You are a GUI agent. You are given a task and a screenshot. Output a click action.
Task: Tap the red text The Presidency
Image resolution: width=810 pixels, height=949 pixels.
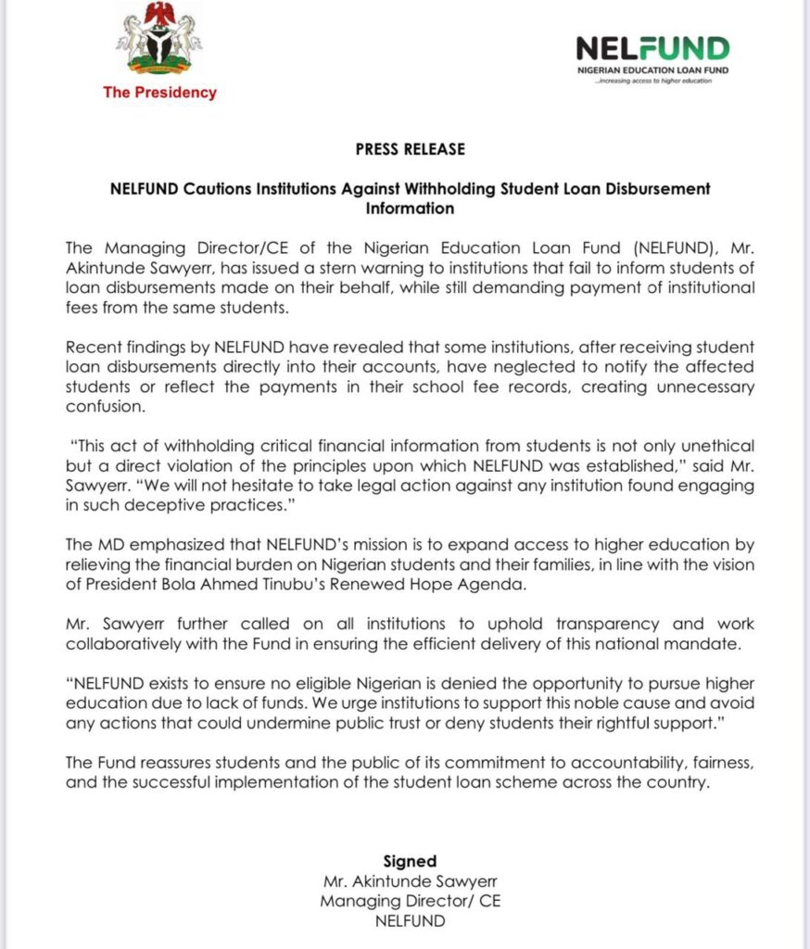click(159, 93)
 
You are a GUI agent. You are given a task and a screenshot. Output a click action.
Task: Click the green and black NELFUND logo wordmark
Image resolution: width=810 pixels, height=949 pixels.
click(652, 48)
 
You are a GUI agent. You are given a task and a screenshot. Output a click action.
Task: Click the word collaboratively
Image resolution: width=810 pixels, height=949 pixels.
click(130, 643)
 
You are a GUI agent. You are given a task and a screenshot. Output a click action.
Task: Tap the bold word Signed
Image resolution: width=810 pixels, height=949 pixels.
click(410, 861)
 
